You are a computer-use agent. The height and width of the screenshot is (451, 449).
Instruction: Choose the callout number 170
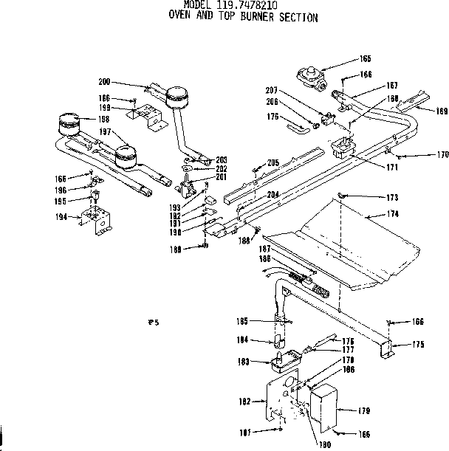click(442, 156)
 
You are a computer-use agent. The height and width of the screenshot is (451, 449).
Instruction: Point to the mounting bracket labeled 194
click(97, 219)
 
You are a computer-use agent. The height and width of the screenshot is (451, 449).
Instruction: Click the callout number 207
click(271, 90)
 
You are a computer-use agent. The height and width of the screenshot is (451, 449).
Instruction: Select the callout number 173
click(392, 197)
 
